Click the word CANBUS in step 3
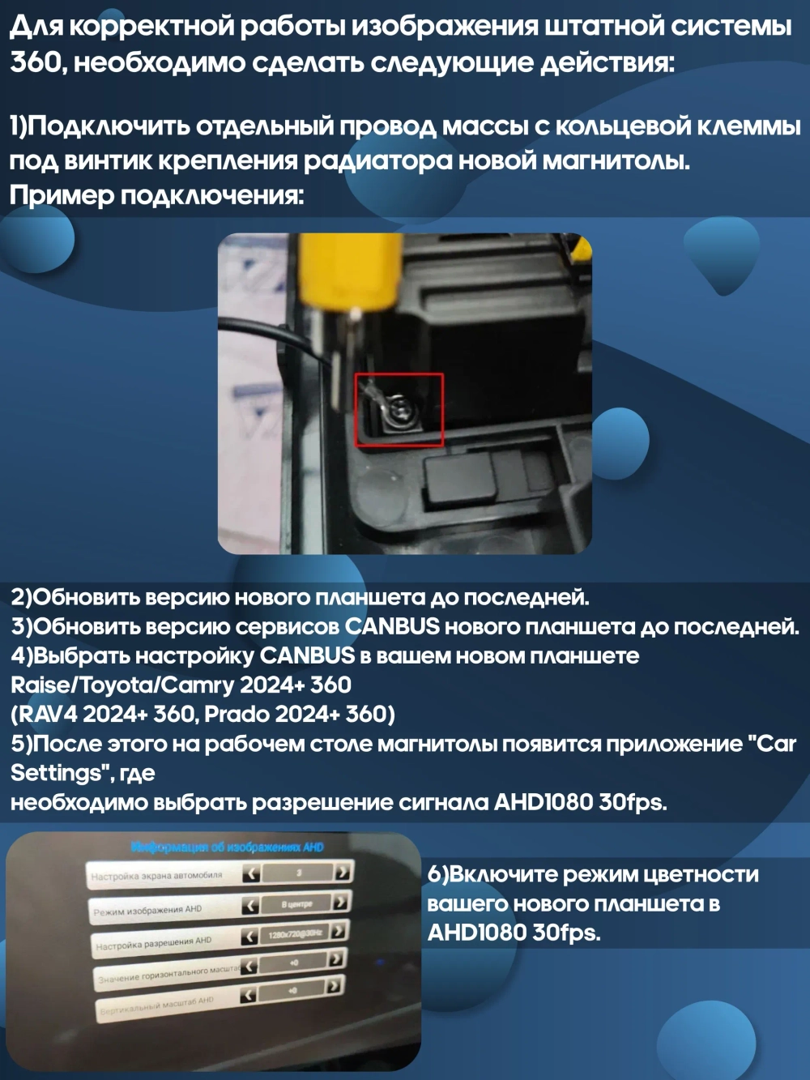coord(392,627)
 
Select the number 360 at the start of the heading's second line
coord(36,62)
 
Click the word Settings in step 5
coord(54,773)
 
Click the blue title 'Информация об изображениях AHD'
coord(227,847)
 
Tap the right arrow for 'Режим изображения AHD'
coord(342,901)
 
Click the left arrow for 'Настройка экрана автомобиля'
coord(251,873)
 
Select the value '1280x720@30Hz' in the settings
coord(295,934)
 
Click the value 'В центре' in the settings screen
coord(296,903)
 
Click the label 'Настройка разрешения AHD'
coord(154,943)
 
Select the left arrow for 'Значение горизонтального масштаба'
coord(249,966)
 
